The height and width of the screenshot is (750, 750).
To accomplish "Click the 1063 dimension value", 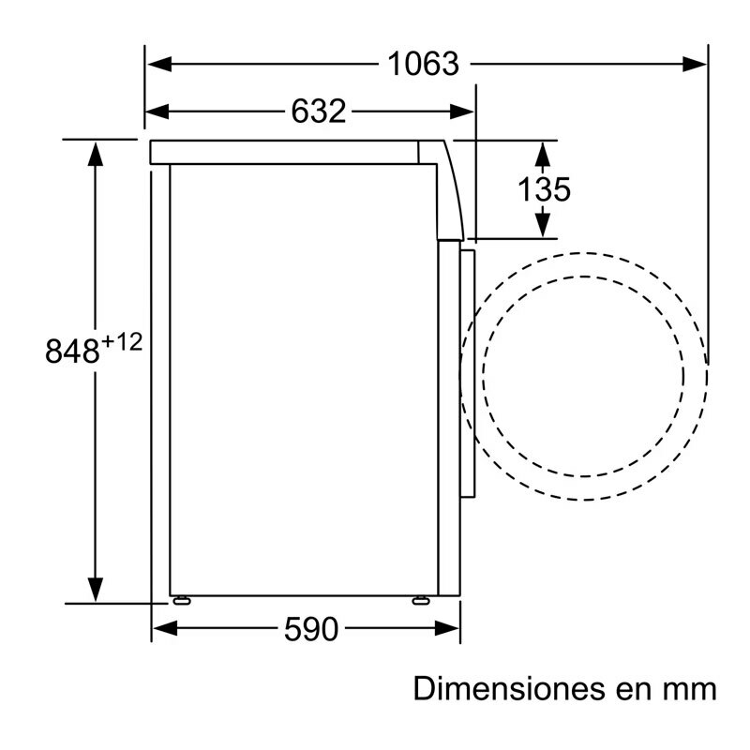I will point(424,64).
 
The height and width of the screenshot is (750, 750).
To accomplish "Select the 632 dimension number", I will point(319,112).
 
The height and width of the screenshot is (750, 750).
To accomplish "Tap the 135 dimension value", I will point(544,189).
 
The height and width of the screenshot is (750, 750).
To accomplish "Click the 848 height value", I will point(72,352).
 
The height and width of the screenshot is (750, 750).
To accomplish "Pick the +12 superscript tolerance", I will point(121,342).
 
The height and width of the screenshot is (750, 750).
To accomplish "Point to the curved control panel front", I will point(454,187).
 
